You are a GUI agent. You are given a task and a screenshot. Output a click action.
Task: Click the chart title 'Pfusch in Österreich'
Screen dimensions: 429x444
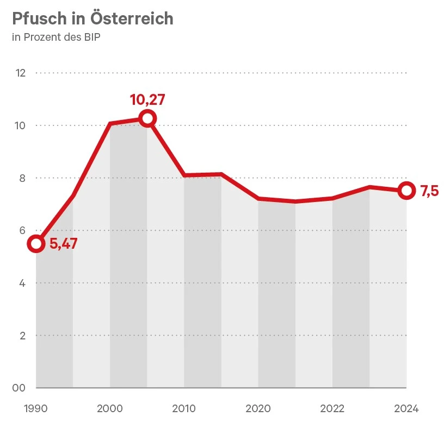[x=92, y=18]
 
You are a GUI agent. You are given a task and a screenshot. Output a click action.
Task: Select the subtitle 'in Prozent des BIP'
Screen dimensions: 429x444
[x=55, y=37]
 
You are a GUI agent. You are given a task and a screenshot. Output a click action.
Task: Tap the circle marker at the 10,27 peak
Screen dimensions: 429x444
[x=147, y=118]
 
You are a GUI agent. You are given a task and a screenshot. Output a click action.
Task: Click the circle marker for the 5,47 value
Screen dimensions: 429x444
[x=36, y=243]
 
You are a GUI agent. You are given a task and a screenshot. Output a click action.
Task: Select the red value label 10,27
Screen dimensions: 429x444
[x=147, y=100]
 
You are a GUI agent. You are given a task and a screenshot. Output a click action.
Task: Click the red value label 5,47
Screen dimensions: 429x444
[x=63, y=244]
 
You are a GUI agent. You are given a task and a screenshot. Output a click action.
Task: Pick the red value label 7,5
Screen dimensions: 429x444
[x=429, y=191]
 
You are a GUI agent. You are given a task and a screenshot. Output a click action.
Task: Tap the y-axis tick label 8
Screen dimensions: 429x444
[x=22, y=178]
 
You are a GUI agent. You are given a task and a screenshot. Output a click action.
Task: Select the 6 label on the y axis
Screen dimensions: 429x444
[x=22, y=230]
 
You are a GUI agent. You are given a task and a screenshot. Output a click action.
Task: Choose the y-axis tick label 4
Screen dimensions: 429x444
[x=22, y=283]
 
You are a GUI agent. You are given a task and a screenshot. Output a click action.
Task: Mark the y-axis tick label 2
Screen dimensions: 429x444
[x=22, y=336]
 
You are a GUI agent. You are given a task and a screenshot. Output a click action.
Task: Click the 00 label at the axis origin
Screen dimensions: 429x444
[x=19, y=388]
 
